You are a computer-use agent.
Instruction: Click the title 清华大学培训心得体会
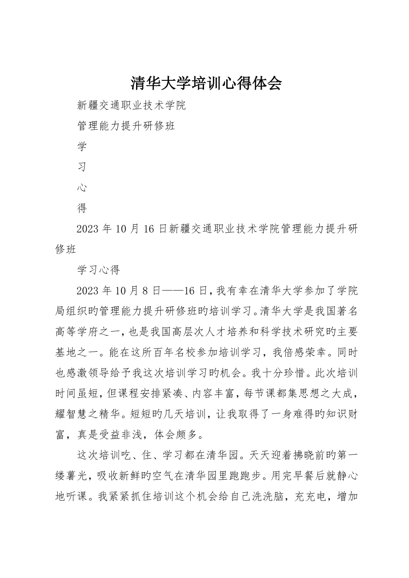[x=206, y=83]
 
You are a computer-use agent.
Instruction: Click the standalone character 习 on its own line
[x=82, y=167]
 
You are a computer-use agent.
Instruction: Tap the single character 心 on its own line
[x=82, y=187]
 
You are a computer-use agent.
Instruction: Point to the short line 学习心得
[x=99, y=269]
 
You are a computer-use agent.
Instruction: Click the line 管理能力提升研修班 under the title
[x=126, y=126]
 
